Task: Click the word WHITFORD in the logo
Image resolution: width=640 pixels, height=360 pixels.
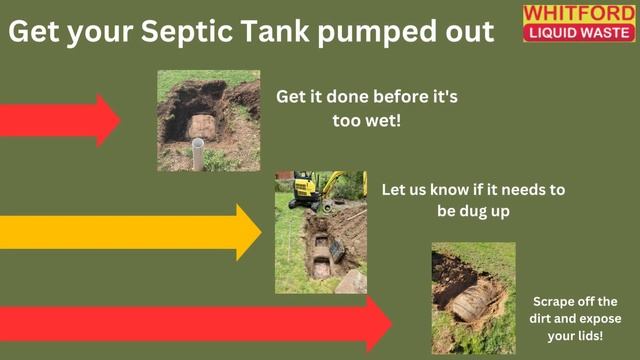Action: coord(579,13)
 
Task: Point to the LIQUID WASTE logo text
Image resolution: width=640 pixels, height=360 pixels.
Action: coord(579,33)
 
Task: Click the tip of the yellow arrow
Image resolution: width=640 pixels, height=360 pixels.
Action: coord(261,232)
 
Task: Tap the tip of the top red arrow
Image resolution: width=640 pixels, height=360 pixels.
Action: coord(121,120)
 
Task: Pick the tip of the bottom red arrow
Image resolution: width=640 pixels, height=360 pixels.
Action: coord(392,324)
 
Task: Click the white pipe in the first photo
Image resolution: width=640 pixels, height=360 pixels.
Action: coord(198,154)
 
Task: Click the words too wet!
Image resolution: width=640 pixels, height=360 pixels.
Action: coord(367,120)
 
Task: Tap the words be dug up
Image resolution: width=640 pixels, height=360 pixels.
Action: coord(473,212)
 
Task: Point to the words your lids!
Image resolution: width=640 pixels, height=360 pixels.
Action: coord(575,336)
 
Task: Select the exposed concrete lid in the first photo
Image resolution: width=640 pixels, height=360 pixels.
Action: coord(201,127)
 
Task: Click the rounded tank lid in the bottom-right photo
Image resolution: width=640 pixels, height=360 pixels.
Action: coord(473,302)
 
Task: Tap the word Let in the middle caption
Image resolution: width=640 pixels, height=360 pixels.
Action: coord(393,189)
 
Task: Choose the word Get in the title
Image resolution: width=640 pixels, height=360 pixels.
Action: coord(35,31)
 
